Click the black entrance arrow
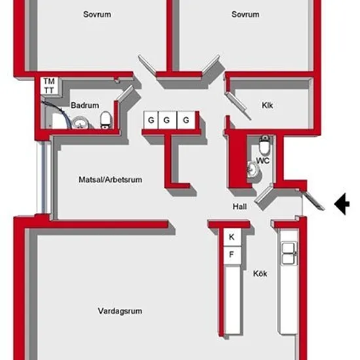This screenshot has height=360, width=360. pyautogui.click(x=342, y=204)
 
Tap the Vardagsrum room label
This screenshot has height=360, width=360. pyautogui.click(x=120, y=311)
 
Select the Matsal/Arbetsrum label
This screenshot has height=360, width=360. pyautogui.click(x=111, y=179)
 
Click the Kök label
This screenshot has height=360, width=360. pyautogui.click(x=260, y=274)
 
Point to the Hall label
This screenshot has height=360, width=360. pyautogui.click(x=240, y=206)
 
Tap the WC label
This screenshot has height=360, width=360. pyautogui.click(x=263, y=160)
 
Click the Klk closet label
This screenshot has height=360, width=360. pyautogui.click(x=268, y=105)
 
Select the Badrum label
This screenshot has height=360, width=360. pyautogui.click(x=85, y=105)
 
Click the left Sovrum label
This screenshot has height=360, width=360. pyautogui.click(x=97, y=14)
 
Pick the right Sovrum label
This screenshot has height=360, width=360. pyautogui.click(x=245, y=14)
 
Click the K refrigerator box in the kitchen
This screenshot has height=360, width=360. pyautogui.click(x=232, y=237)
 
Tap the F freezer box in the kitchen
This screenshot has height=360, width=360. pyautogui.click(x=232, y=255)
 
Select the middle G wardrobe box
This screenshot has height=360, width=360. pyautogui.click(x=168, y=120)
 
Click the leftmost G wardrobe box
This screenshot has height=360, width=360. pyautogui.click(x=151, y=120)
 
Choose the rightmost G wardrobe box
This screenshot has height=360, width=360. pyautogui.click(x=186, y=120)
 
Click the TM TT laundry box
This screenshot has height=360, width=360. pyautogui.click(x=49, y=86)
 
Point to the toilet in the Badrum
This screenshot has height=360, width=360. pyautogui.click(x=106, y=120)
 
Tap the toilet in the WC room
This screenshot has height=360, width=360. pyautogui.click(x=264, y=145)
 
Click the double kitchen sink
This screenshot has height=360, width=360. pyautogui.click(x=289, y=253)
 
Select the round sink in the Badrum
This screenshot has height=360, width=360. pyautogui.click(x=79, y=122)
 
